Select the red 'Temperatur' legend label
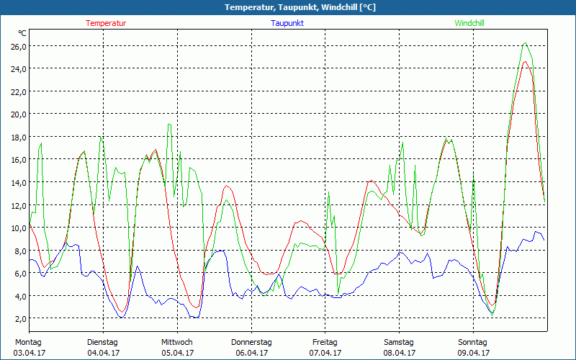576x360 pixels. point(106,23)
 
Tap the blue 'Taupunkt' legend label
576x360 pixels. point(287,23)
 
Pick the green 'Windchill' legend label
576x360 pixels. point(469,23)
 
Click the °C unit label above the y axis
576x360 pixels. point(22,33)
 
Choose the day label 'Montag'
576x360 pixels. point(28,341)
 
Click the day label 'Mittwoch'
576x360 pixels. point(176,341)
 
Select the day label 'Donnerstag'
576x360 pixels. point(251,341)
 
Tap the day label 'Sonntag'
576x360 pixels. point(473,341)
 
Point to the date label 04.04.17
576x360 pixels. point(102,353)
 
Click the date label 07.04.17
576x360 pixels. point(325,353)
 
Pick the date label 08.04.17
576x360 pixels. point(399,353)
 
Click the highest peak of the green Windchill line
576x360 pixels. point(525,43)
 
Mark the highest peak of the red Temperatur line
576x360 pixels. point(526,61)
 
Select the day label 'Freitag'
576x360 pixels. point(325,341)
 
